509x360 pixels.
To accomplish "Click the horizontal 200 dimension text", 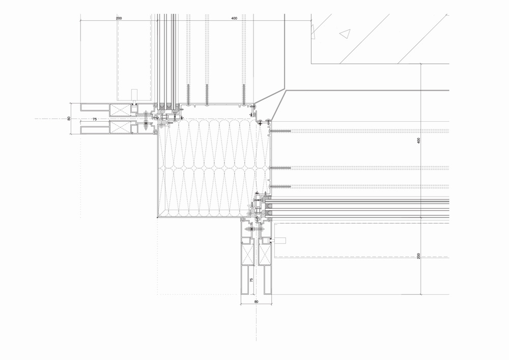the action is point(119,18).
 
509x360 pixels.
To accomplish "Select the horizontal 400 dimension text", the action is point(234,18).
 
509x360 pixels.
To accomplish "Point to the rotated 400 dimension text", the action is point(419,141).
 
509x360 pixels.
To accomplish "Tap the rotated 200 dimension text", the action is point(419,256).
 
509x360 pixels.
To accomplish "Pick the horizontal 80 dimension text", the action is point(256,302).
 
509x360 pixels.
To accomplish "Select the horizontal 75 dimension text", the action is point(94,119).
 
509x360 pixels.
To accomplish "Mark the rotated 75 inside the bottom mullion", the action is point(251,281).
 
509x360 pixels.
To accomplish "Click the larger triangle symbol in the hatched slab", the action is point(345,34).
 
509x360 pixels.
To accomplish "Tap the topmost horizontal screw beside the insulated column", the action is point(280,131).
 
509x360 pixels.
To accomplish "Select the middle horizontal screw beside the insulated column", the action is point(280,168).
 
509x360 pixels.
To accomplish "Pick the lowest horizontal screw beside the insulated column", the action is point(280,185).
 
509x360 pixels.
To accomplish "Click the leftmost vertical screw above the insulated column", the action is point(188,94).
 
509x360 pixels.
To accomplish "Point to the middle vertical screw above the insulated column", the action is point(207,94).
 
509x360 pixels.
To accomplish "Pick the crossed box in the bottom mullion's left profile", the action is point(248,253).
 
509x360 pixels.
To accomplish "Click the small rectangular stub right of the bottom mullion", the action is point(280,240).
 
